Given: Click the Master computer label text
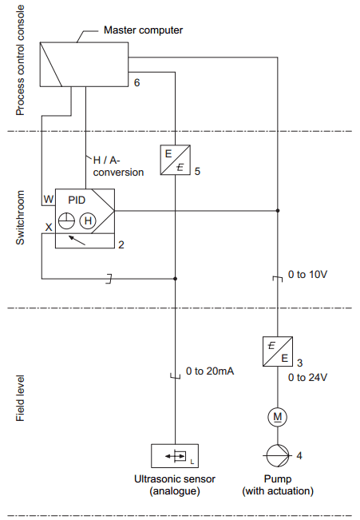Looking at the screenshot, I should [144, 30].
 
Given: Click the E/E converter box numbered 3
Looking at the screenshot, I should [276, 350].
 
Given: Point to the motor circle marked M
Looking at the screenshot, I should [277, 416].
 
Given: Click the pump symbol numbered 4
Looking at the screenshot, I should [277, 456].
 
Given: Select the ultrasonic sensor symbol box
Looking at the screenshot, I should [174, 456].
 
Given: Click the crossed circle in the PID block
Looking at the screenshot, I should [67, 220].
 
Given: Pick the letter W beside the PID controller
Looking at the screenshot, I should [48, 198].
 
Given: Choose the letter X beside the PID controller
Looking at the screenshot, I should [48, 228].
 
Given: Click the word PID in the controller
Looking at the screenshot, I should [77, 199].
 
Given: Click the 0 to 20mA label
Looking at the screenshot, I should [210, 371].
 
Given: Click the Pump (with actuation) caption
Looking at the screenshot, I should [278, 485].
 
